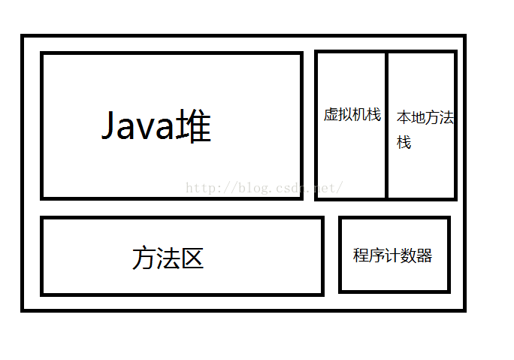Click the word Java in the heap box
click(x=138, y=126)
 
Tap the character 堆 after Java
click(x=194, y=126)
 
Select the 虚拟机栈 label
click(x=352, y=115)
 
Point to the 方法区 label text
click(x=168, y=259)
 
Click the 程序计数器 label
click(x=393, y=256)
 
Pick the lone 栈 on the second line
click(x=404, y=142)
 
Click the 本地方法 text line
click(x=425, y=118)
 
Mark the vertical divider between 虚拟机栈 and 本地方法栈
click(x=387, y=125)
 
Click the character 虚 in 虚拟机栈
click(x=331, y=115)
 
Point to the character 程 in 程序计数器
click(x=361, y=256)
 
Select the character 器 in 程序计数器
click(x=425, y=256)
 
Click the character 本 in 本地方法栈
click(x=404, y=118)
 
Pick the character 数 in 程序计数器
click(x=409, y=256)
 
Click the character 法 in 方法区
click(x=168, y=259)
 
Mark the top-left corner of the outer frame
click(x=23, y=36)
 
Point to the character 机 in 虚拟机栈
click(x=359, y=115)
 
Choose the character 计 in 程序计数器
click(x=393, y=256)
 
